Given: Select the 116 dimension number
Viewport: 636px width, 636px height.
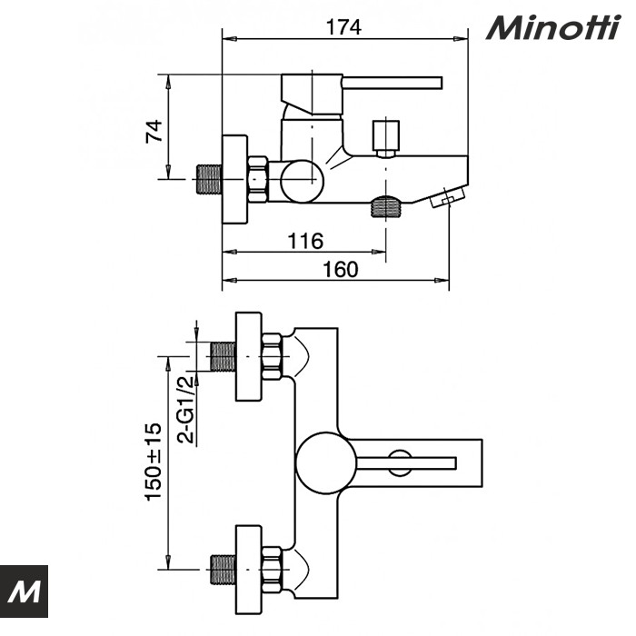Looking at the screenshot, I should [x=305, y=241].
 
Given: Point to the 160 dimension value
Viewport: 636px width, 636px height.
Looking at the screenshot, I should [x=340, y=269].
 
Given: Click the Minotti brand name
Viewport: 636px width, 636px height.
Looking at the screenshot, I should [x=552, y=29].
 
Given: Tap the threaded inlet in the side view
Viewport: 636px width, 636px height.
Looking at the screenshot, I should [x=210, y=180].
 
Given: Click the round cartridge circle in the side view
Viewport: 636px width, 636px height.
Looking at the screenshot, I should [x=301, y=180].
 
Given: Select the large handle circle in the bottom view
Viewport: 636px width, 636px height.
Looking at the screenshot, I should [x=323, y=462].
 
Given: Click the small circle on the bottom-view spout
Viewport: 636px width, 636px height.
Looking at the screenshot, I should [x=398, y=462].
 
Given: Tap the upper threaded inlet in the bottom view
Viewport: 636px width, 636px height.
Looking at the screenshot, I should [x=222, y=357].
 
